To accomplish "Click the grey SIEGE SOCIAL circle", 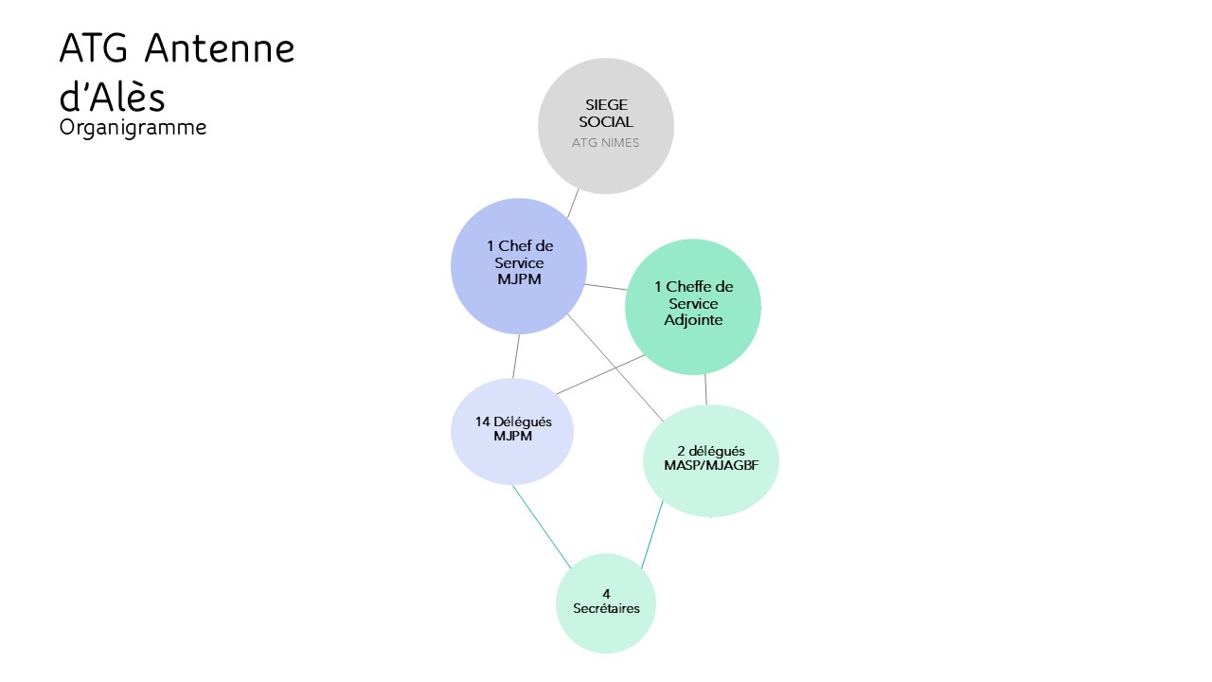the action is click(605, 126).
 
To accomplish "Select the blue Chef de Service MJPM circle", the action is click(519, 266).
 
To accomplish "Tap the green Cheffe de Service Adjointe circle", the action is click(693, 307).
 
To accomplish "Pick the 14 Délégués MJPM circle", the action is click(512, 431).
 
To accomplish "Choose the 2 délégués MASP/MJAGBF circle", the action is click(711, 460).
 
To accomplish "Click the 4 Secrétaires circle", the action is click(606, 603).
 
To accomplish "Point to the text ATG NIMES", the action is click(605, 143).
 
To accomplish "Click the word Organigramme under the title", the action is click(133, 128).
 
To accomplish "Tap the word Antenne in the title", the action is click(220, 48).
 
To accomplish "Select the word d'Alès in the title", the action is click(112, 98).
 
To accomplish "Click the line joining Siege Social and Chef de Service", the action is click(573, 204).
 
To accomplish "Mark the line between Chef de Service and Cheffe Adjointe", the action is click(606, 287).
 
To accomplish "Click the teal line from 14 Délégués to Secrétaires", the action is click(541, 527).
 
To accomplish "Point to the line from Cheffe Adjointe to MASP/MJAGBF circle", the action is click(705, 389).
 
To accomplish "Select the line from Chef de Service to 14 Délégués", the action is click(516, 356).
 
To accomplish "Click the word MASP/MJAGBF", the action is click(711, 465).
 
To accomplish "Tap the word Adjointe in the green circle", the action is click(693, 320).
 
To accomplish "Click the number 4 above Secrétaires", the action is click(606, 594).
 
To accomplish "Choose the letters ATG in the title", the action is click(94, 48).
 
